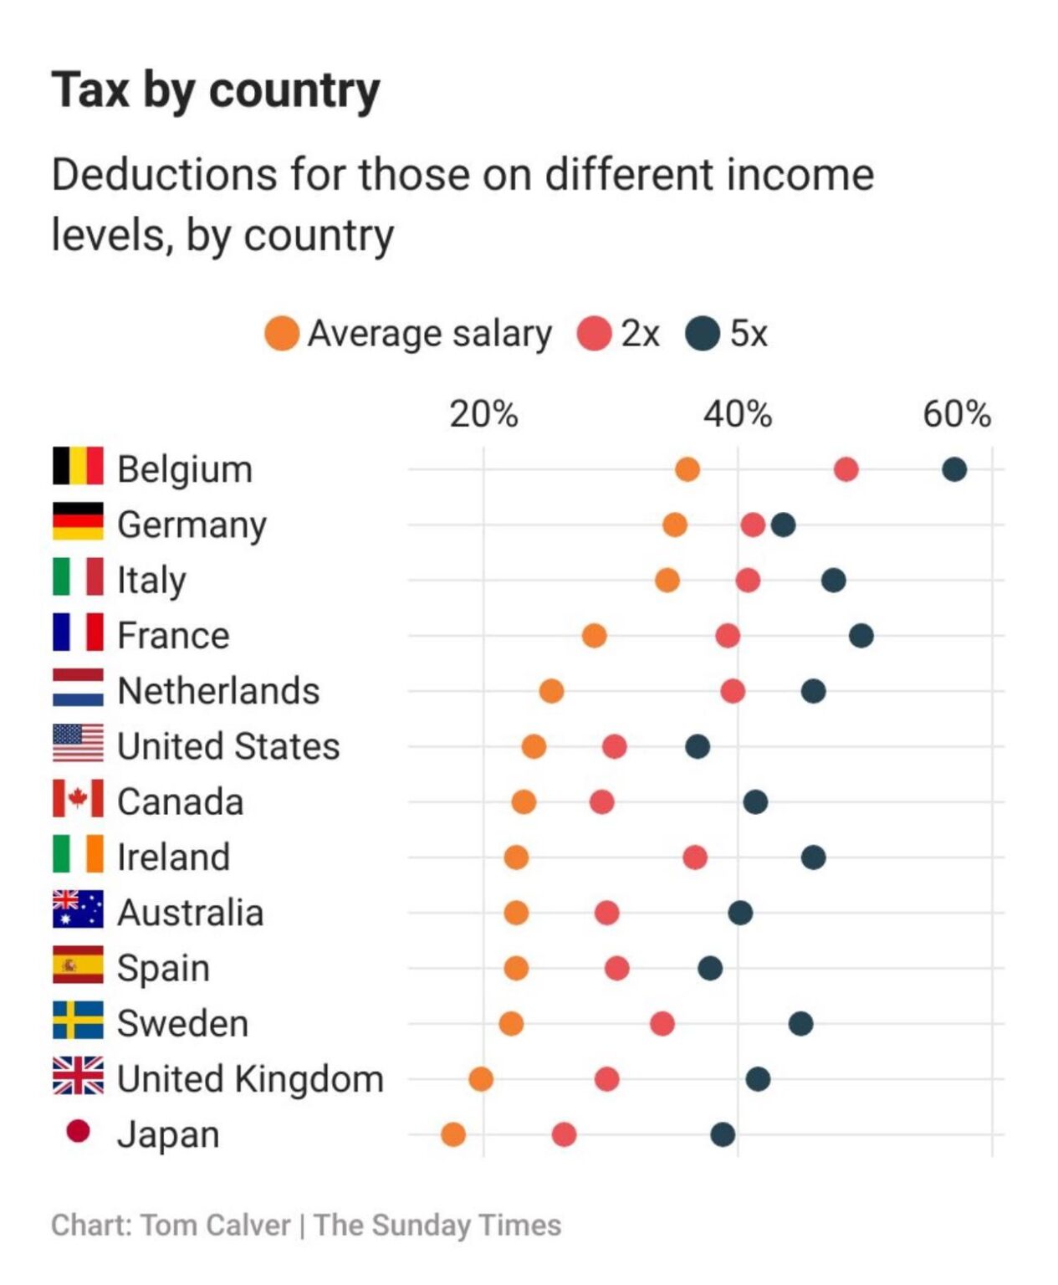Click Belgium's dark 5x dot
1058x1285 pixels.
pyautogui.click(x=954, y=469)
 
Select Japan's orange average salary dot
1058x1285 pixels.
pyautogui.click(x=453, y=1134)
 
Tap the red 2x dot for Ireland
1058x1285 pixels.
pyautogui.click(x=695, y=858)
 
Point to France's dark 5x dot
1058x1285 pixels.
pyautogui.click(x=861, y=636)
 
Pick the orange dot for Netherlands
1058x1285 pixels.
pyautogui.click(x=551, y=691)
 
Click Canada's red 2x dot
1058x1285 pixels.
pyautogui.click(x=601, y=802)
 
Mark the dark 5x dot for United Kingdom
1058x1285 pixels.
pyautogui.click(x=758, y=1079)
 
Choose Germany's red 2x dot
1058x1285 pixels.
pyautogui.click(x=753, y=525)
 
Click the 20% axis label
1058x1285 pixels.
pyautogui.click(x=483, y=414)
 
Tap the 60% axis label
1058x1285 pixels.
pyautogui.click(x=957, y=414)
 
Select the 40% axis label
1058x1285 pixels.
pyautogui.click(x=738, y=414)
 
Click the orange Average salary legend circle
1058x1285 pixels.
pyautogui.click(x=282, y=334)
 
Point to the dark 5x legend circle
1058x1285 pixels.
pyautogui.click(x=703, y=334)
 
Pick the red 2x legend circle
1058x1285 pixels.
pyautogui.click(x=594, y=334)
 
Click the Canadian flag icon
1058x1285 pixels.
pyautogui.click(x=78, y=797)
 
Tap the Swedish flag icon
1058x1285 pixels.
pyautogui.click(x=78, y=1020)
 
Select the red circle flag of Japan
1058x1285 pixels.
pyautogui.click(x=78, y=1130)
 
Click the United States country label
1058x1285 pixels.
pyautogui.click(x=228, y=746)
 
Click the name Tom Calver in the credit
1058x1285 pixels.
pyautogui.click(x=216, y=1226)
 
